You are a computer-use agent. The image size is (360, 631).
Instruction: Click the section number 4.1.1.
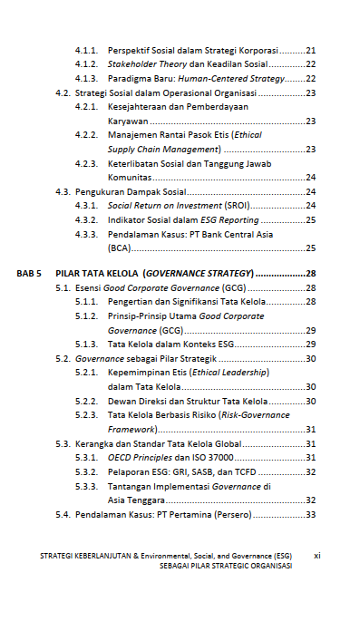(86, 50)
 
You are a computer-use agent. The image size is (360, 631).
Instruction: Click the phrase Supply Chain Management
(162, 149)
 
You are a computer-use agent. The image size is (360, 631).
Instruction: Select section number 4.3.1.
(86, 206)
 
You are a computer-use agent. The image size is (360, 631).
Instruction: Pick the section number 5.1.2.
(86, 315)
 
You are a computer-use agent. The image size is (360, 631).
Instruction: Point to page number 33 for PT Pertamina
(310, 514)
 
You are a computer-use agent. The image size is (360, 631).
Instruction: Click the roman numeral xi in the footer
(317, 554)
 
